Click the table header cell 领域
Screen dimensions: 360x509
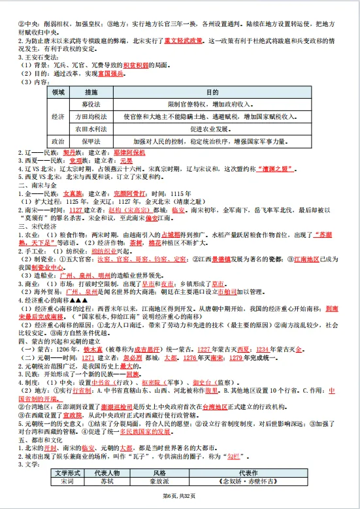click(58, 93)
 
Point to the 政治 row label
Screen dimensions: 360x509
click(58, 140)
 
